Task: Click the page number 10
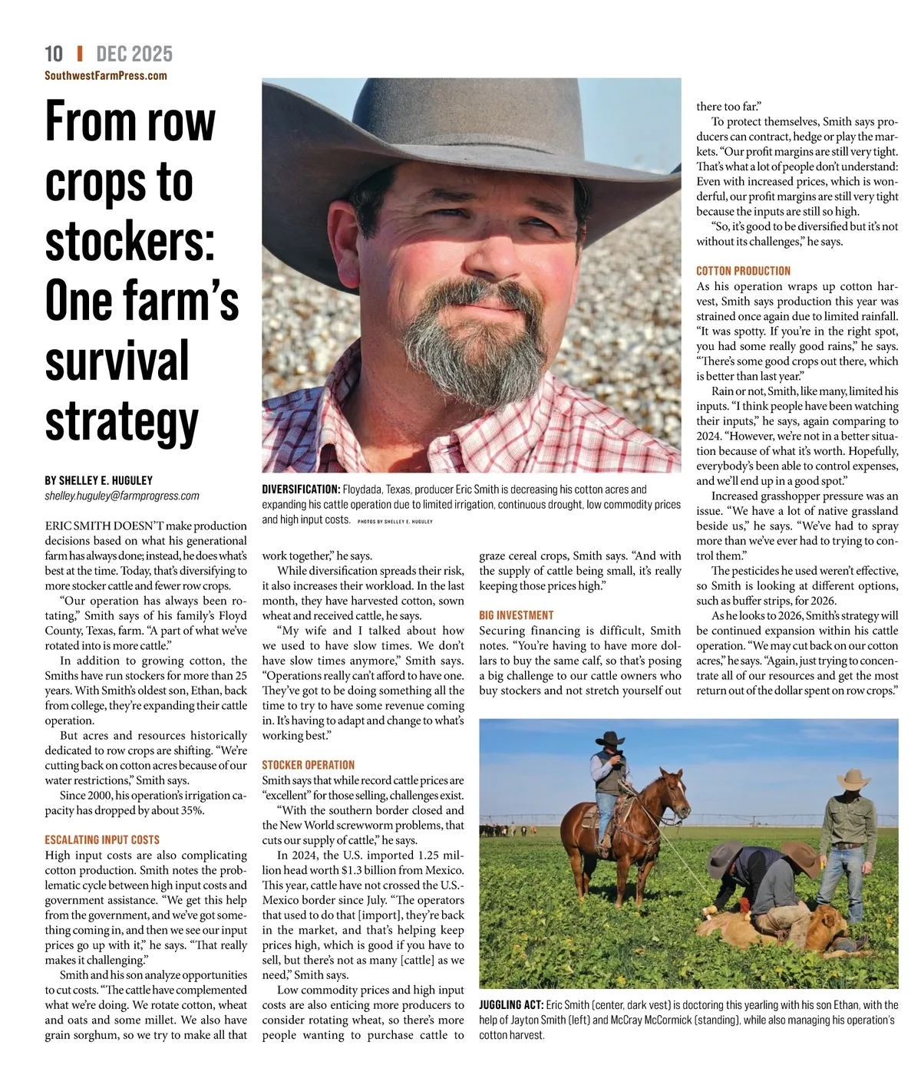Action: (x=54, y=54)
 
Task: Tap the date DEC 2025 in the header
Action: (x=134, y=54)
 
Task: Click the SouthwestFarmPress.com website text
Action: (x=106, y=75)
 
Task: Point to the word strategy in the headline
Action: (x=121, y=421)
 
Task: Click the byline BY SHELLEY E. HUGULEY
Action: (x=98, y=480)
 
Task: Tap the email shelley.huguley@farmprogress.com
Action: (x=122, y=496)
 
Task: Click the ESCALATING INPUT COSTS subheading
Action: (x=102, y=840)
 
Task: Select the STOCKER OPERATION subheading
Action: (x=309, y=765)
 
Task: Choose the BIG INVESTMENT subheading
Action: (x=516, y=615)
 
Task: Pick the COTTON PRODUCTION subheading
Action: (x=743, y=271)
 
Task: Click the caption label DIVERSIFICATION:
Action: (x=301, y=490)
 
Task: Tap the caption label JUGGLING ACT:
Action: (x=511, y=1005)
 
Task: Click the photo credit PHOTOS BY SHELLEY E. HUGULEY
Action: (x=395, y=522)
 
